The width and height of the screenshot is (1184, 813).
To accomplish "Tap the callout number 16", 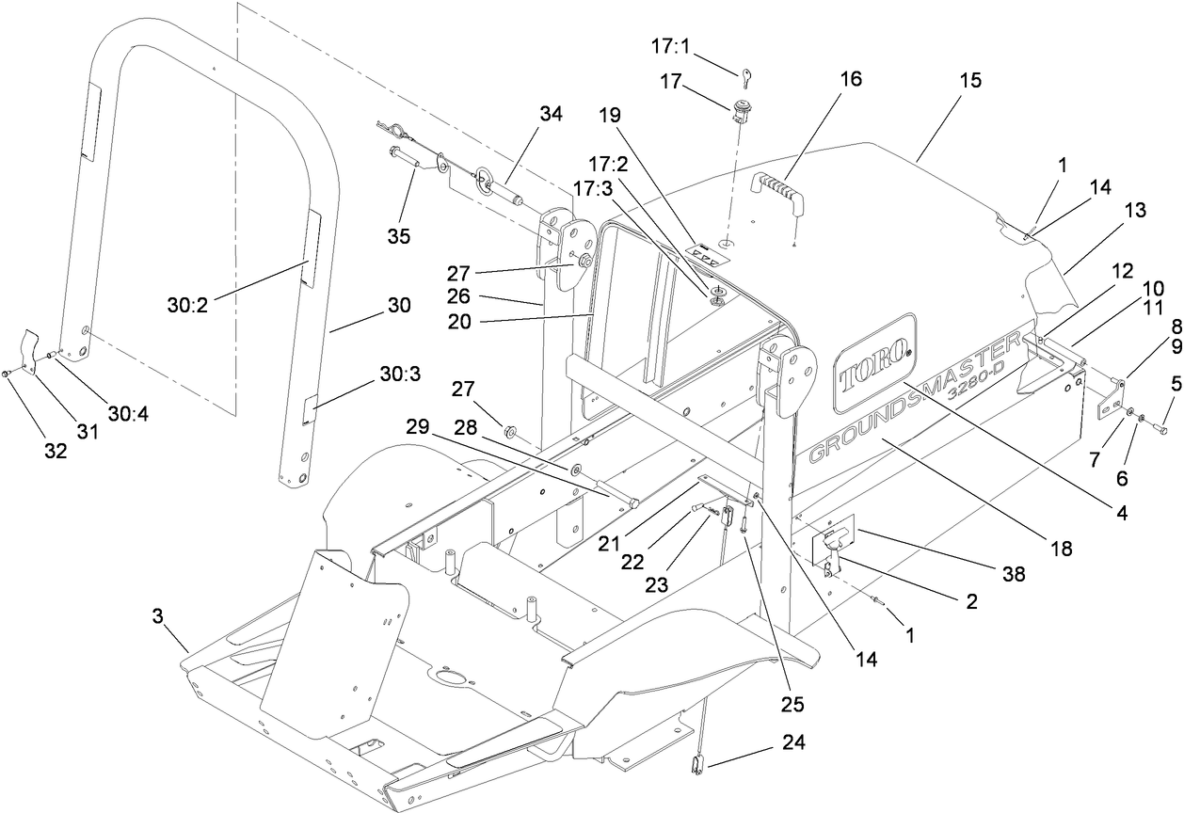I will pyautogui.click(x=851, y=79).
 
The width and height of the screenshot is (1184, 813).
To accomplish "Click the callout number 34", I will pyautogui.click(x=552, y=115).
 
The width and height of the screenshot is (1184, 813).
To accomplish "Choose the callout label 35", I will pyautogui.click(x=400, y=236).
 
